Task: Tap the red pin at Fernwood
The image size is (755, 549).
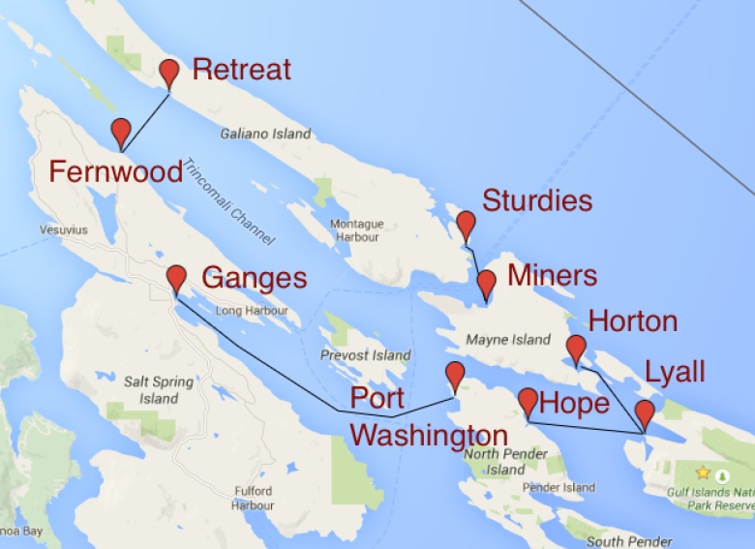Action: pyautogui.click(x=121, y=131)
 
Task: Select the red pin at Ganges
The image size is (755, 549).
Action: pyautogui.click(x=176, y=278)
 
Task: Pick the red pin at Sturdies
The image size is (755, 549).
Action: pyautogui.click(x=466, y=225)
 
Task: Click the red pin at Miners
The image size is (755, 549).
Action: pyautogui.click(x=487, y=283)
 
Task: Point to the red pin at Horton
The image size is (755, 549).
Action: pyautogui.click(x=576, y=348)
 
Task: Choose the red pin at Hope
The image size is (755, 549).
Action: pyautogui.click(x=528, y=401)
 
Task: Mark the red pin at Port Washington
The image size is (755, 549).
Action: pyautogui.click(x=454, y=375)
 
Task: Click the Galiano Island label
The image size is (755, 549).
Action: pyautogui.click(x=266, y=134)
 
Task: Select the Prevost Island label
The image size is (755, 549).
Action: pyautogui.click(x=365, y=355)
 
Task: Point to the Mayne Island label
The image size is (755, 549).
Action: pyautogui.click(x=507, y=340)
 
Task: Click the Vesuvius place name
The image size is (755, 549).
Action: pyautogui.click(x=65, y=230)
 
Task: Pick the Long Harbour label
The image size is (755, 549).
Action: pyautogui.click(x=252, y=311)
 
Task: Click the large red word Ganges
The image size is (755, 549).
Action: pyautogui.click(x=254, y=279)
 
